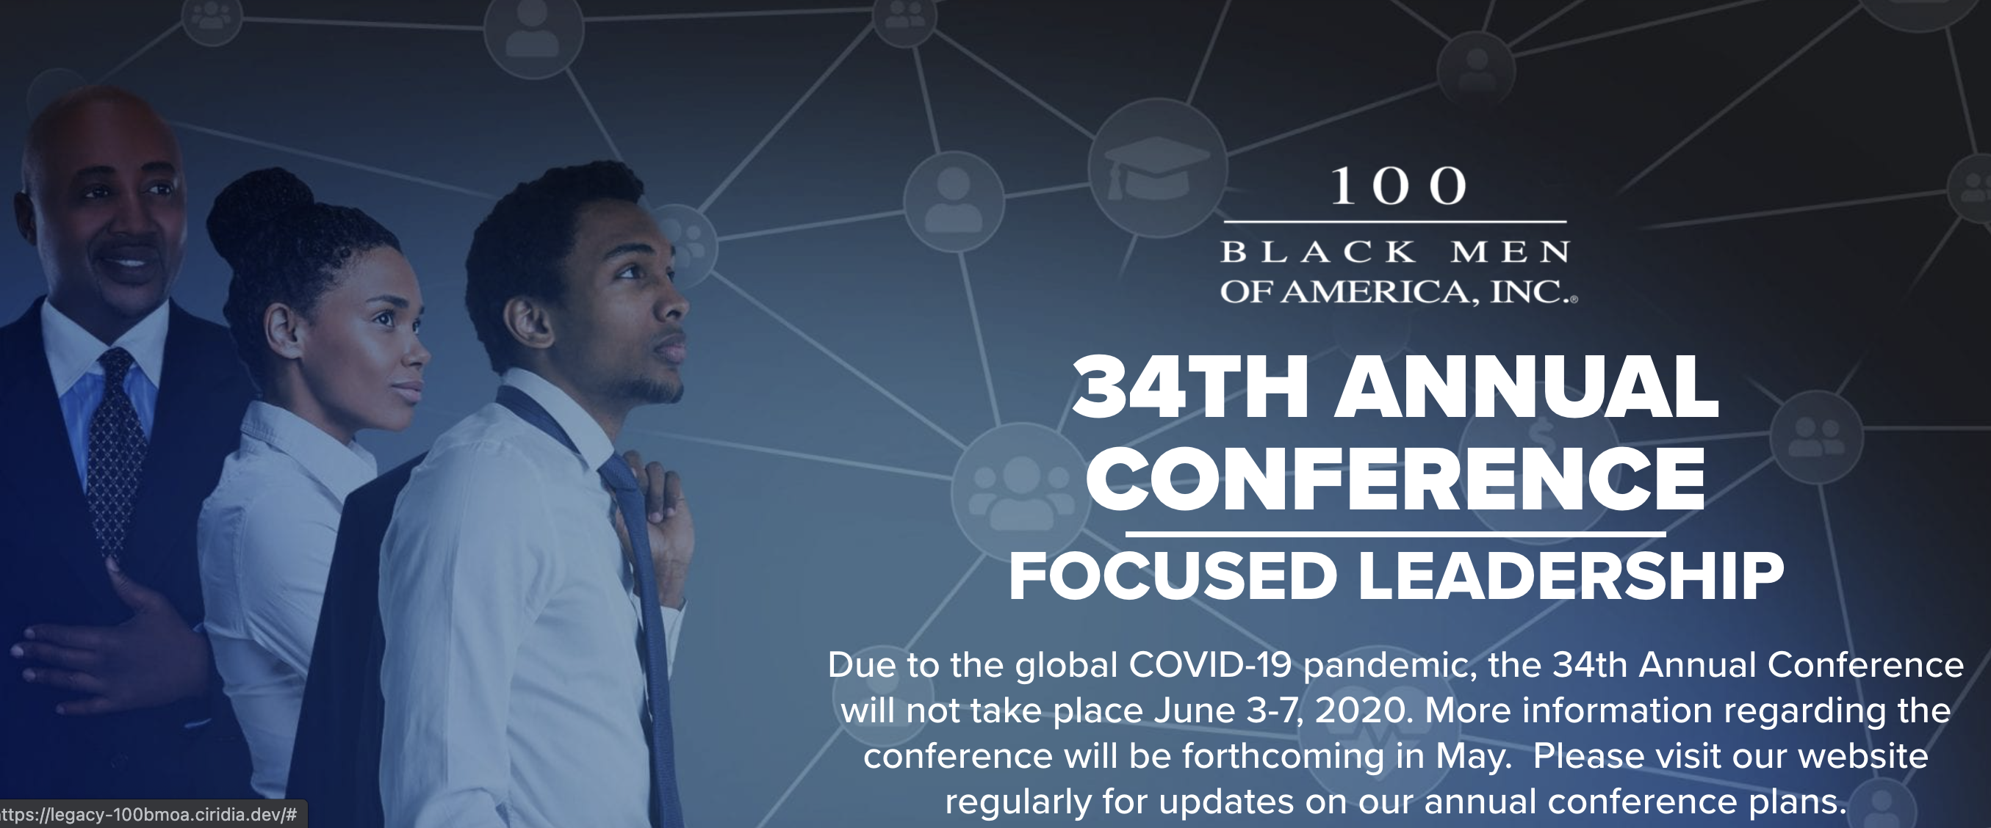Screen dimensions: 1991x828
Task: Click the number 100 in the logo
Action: (1398, 186)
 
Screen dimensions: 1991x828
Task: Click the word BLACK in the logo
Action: (1319, 252)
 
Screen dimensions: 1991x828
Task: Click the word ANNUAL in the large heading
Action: (1527, 387)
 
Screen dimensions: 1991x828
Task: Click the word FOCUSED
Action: (1173, 576)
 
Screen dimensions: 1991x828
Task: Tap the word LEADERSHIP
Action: (1571, 576)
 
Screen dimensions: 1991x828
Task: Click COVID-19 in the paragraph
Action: (1210, 665)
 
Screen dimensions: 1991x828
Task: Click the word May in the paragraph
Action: (1472, 756)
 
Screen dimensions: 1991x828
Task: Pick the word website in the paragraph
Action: (1862, 756)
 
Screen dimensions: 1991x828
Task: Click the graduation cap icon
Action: (1157, 168)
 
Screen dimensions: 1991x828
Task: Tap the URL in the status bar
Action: (148, 815)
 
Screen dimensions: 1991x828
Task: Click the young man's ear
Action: (530, 322)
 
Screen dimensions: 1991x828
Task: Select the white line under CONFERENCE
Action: (1395, 534)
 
